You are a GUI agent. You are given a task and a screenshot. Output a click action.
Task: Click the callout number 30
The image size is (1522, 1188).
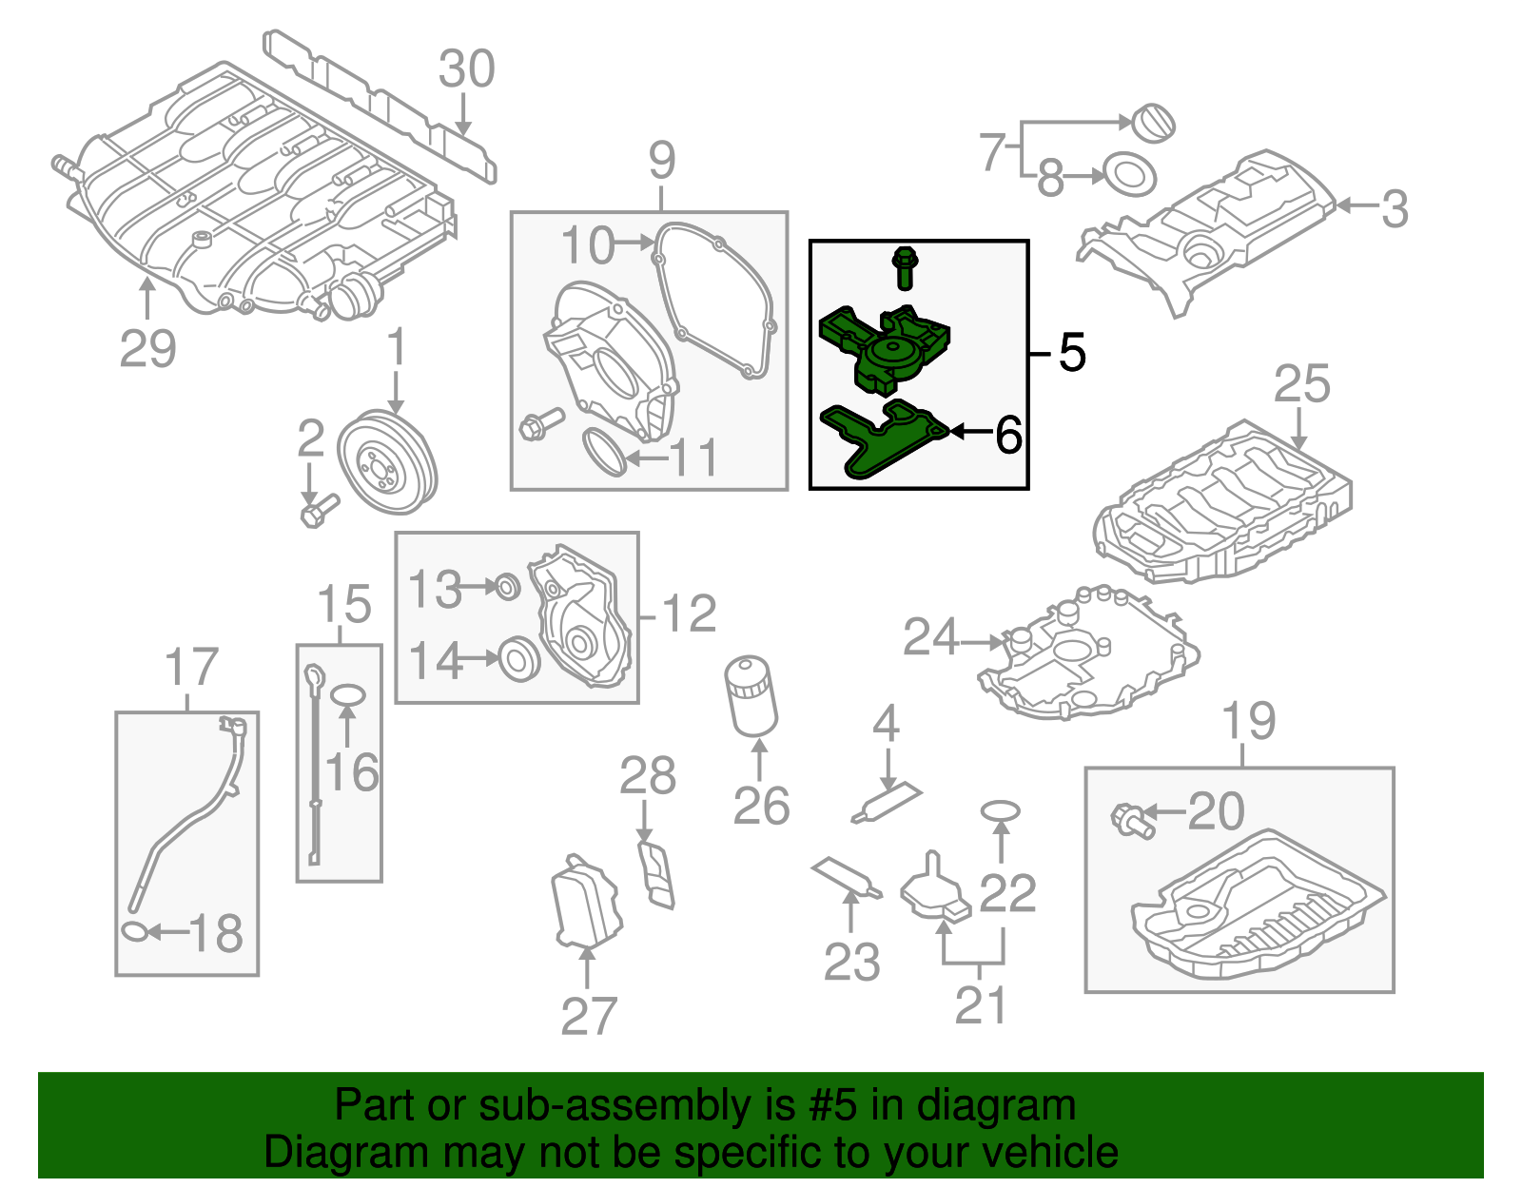[x=466, y=69]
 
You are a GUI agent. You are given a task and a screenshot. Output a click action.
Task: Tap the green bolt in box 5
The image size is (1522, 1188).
[x=904, y=267]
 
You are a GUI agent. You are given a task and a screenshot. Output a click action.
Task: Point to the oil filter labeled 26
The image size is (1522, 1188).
[x=751, y=696]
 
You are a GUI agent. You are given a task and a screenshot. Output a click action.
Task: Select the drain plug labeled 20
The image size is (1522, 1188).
[x=1132, y=819]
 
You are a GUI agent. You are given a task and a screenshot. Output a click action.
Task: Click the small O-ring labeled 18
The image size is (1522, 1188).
[x=135, y=931]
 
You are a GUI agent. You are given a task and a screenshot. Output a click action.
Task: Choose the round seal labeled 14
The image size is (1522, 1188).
[x=519, y=658]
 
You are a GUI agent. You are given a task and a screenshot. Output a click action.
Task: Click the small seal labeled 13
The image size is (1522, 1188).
[x=508, y=587]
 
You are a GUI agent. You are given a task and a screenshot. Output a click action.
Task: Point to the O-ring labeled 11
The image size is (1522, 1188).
[x=603, y=452]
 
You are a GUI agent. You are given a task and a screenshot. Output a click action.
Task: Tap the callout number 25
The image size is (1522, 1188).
[x=1300, y=384]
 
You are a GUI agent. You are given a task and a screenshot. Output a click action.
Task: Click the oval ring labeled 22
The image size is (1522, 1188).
[x=1000, y=810]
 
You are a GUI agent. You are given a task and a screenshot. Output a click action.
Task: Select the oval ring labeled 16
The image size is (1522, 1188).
[x=347, y=696]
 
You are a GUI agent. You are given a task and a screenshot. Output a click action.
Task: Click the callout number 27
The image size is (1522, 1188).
[x=589, y=1016]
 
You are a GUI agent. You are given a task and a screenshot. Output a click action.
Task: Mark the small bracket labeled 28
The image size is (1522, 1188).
[x=657, y=872]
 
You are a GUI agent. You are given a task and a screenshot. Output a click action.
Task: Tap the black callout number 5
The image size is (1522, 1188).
[x=1072, y=353]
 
